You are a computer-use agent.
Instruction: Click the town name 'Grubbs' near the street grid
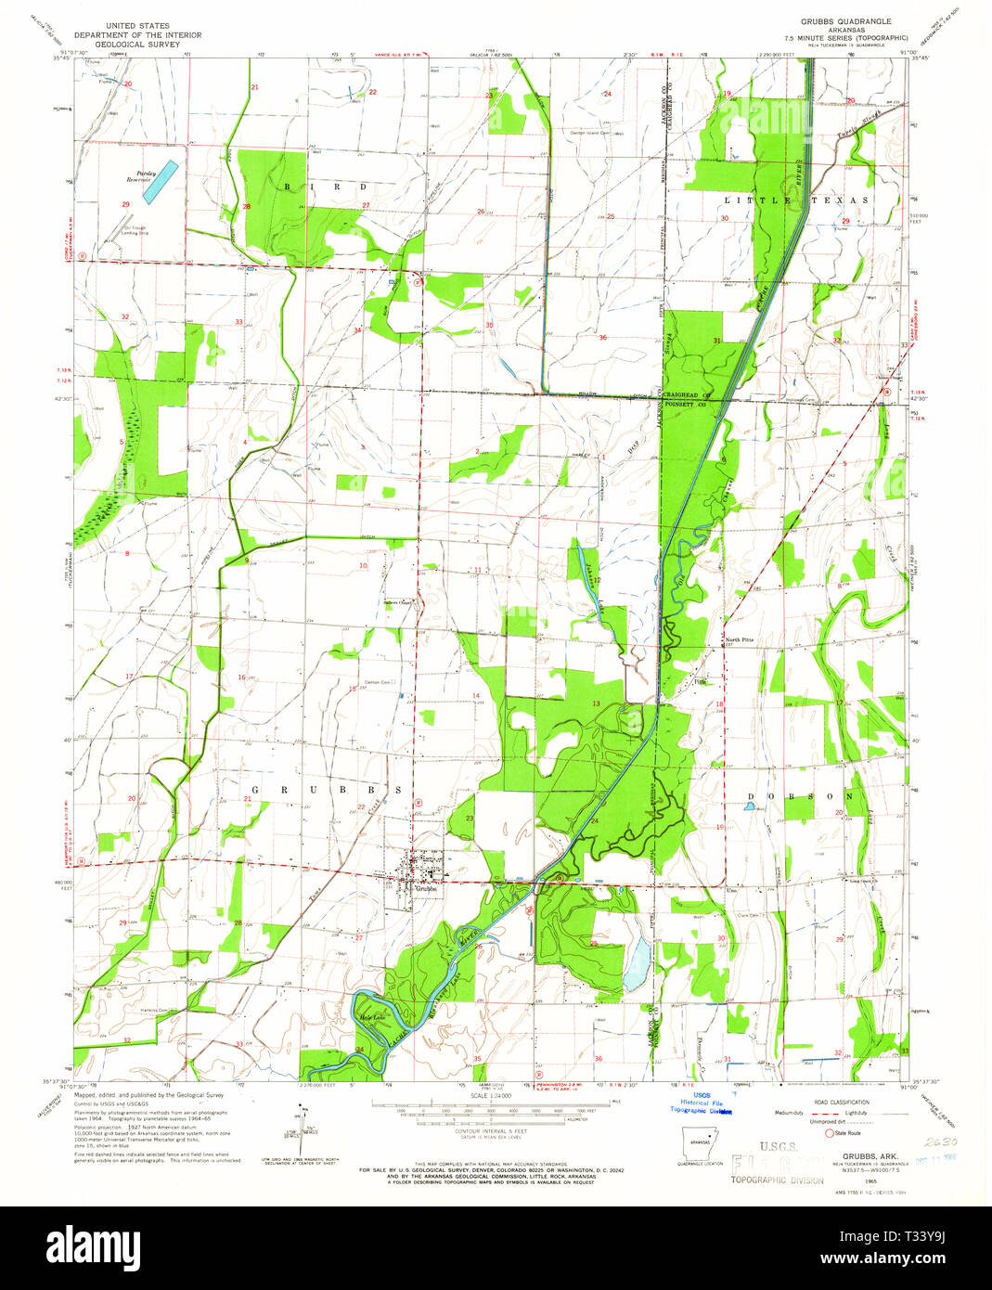[425, 888]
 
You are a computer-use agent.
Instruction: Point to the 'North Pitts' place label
[740, 639]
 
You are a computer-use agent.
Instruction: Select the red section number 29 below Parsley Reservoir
[124, 203]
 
